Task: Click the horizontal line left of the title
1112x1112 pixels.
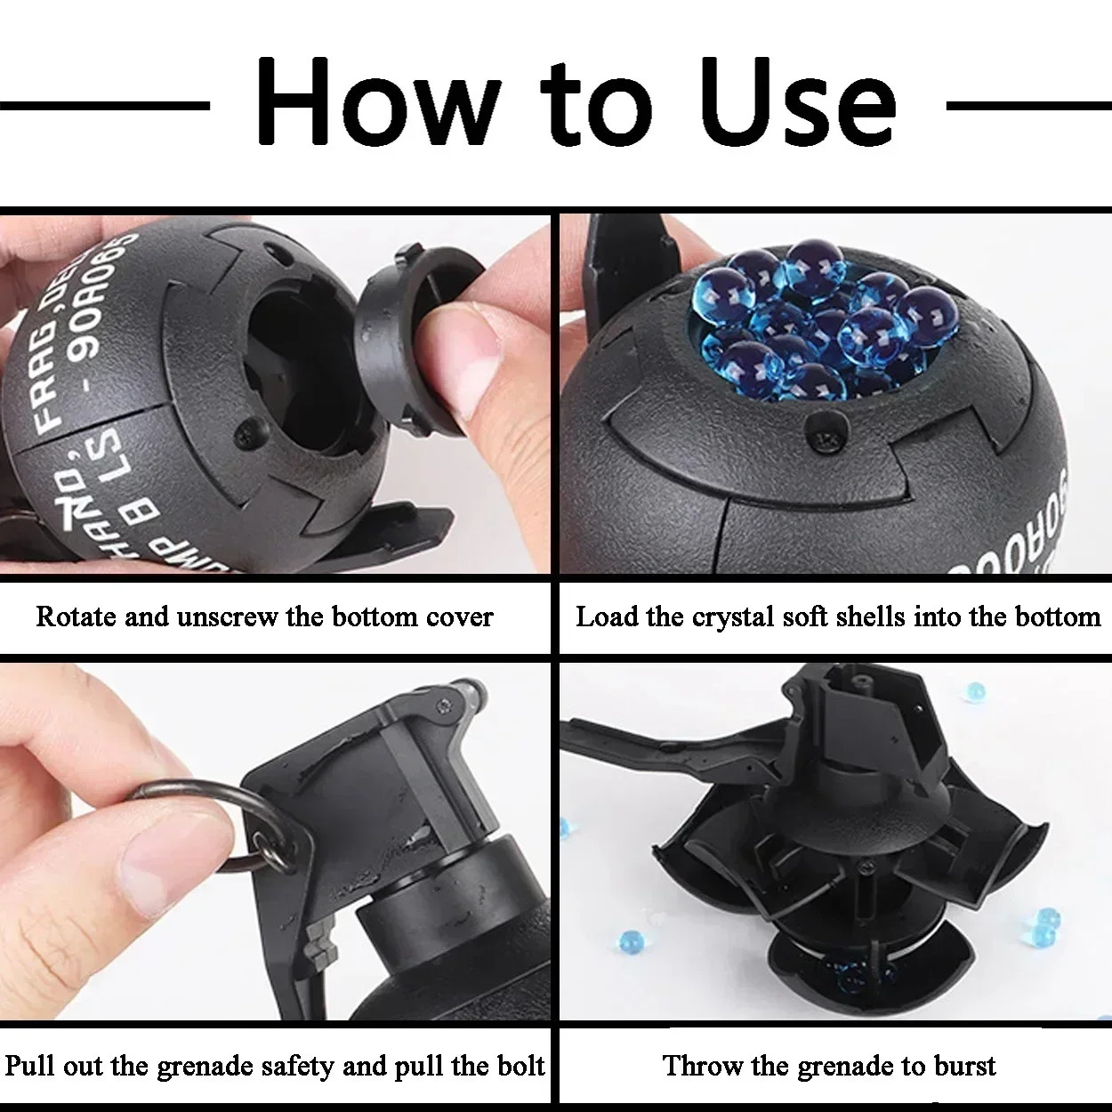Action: point(104,106)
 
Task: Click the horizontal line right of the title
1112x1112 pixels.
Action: point(1028,106)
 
